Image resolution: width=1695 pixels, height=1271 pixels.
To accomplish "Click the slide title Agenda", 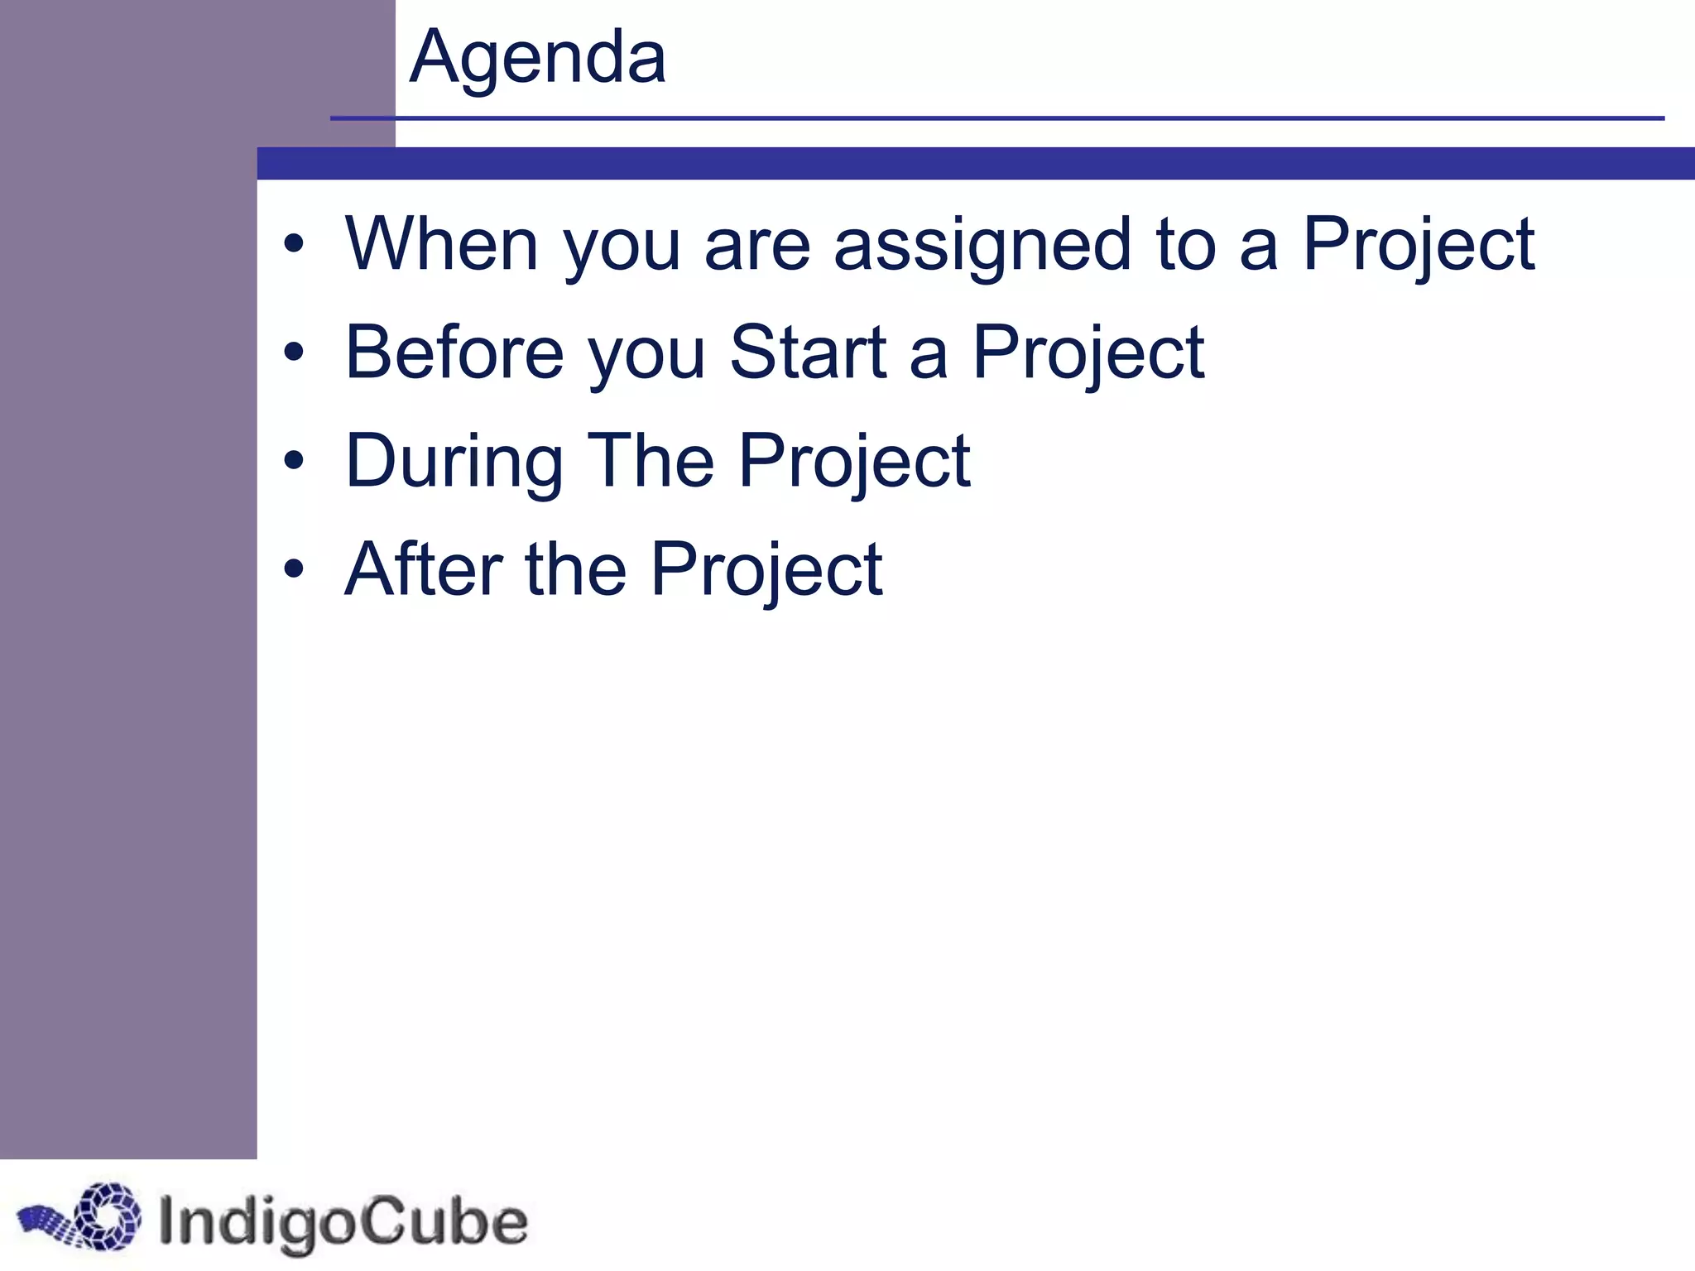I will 537,58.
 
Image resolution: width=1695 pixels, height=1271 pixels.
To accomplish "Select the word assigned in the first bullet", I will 982,246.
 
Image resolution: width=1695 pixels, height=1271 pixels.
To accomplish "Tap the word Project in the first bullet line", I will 1418,246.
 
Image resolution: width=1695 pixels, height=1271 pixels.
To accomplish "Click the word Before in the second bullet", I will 454,353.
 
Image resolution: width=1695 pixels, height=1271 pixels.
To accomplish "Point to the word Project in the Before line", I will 1088,354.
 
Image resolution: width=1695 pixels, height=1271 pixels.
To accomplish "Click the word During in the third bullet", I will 454,462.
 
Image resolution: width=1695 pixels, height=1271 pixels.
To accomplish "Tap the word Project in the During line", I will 853,463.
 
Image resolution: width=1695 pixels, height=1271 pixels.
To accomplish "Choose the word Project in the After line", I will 766,571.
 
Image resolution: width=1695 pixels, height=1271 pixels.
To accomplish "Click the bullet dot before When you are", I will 294,246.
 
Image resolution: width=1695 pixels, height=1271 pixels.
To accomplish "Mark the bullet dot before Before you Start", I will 294,353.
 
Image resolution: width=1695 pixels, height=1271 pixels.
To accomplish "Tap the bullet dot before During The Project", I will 294,461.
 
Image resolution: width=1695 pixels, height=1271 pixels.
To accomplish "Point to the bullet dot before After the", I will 294,569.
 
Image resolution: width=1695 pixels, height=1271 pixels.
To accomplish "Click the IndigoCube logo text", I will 342,1222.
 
